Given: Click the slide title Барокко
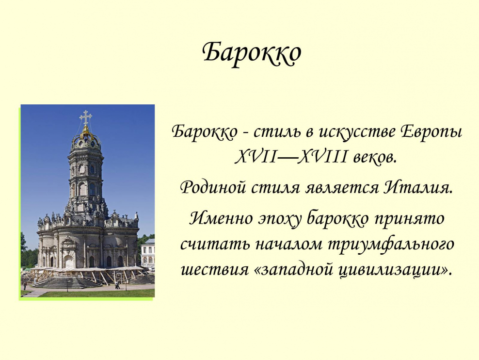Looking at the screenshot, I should tap(252, 53).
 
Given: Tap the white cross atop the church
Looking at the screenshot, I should tap(86, 117).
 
